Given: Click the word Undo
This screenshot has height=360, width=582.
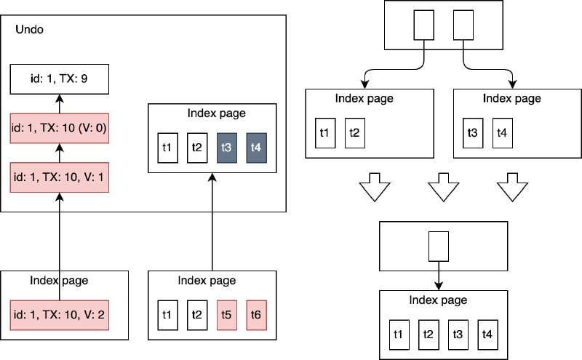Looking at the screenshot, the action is point(29,29).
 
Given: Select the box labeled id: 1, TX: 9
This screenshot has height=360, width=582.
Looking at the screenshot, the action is point(60,79).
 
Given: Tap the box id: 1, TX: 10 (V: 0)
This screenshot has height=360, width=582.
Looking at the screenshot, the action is point(60,128).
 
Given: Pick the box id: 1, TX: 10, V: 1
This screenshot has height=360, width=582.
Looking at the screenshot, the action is point(60,177).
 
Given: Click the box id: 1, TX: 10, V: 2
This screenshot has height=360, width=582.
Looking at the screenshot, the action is point(60,315).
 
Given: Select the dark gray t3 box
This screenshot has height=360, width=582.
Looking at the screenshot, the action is point(227,148).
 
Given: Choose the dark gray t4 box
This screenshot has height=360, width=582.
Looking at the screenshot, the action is point(257,148).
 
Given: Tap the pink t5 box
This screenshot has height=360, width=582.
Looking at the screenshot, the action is point(227,315).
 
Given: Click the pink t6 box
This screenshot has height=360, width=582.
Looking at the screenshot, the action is point(257,315).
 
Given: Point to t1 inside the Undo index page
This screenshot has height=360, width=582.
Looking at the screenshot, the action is point(168,148).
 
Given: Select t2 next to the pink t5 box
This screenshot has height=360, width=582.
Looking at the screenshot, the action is point(197,315).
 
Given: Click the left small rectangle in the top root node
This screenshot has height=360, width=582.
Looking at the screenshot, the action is point(424,25).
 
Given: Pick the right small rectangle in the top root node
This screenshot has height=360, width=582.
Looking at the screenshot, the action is point(463,25).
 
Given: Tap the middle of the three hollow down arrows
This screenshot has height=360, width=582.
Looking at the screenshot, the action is point(444,187).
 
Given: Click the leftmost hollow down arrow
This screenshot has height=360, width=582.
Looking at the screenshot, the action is point(375,187).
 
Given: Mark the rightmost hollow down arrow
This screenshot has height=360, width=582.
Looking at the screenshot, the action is point(513,187).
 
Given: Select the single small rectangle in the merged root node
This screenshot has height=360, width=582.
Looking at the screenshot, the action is point(439,247).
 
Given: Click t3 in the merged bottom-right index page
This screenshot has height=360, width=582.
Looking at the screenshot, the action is point(458,335).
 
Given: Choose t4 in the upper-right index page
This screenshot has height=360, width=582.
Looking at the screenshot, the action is point(503,133).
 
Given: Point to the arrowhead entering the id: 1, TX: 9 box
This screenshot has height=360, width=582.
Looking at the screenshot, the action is point(60,98).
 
